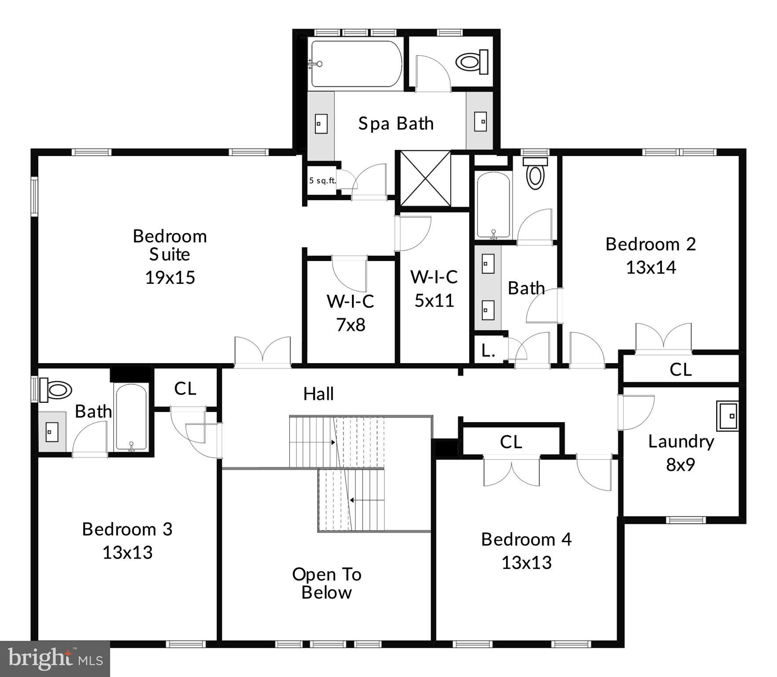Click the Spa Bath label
pos(396,124)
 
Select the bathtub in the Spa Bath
pos(356,64)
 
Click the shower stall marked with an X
pos(425,179)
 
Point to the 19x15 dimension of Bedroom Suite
pos(170,278)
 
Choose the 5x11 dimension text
pos(434,301)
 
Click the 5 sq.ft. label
pos(322,181)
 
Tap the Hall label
pos(318,394)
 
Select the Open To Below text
pos(326,583)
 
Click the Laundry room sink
pos(727,416)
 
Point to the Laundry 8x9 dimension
pos(681,465)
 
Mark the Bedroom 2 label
pos(651,244)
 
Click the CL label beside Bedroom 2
pos(681,369)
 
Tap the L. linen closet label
pos(488,351)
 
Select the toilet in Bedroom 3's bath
pos(56,390)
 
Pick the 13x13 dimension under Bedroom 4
pos(526,563)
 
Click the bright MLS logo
pos(55,659)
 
